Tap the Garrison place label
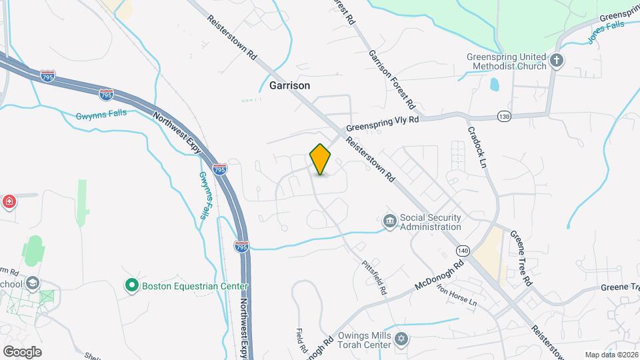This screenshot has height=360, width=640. (289, 86)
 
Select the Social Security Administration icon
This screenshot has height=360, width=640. (389, 220)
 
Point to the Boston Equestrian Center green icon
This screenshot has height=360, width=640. (131, 286)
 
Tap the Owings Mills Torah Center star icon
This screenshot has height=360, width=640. (400, 339)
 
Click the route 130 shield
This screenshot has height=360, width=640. (504, 117)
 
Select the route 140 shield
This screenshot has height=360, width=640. (463, 250)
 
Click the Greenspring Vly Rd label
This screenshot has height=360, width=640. (382, 124)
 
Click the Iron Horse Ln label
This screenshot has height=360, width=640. (458, 292)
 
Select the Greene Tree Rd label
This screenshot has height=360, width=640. (521, 258)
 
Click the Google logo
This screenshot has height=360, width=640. (22, 351)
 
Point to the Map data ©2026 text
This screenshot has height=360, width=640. (611, 355)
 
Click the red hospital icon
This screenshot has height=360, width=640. (9, 201)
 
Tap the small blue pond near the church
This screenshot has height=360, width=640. (494, 85)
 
